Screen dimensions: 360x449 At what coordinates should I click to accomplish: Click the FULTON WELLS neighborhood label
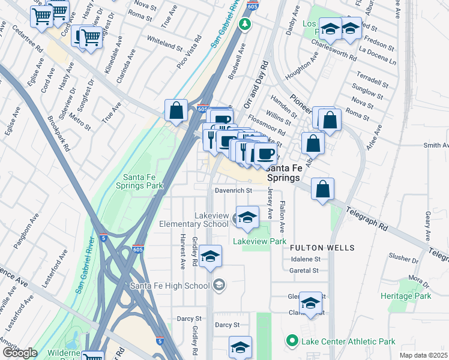pyautogui.click(x=322, y=247)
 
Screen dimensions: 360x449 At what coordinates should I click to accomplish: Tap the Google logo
pyautogui.click(x=20, y=353)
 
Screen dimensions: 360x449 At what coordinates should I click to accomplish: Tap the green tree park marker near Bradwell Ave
pyautogui.click(x=244, y=25)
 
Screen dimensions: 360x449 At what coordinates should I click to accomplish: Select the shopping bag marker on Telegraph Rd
pyautogui.click(x=322, y=189)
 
